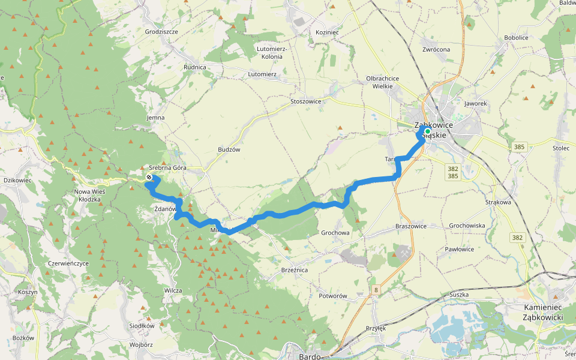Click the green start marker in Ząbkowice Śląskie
click(x=427, y=131)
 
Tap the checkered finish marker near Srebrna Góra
click(x=149, y=177)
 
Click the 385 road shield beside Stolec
click(x=520, y=146)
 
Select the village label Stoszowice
click(x=306, y=101)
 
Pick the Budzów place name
click(x=229, y=149)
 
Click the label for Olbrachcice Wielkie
click(x=383, y=82)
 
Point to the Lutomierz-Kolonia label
click(x=272, y=53)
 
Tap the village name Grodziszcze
click(x=161, y=31)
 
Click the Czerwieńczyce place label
click(x=68, y=263)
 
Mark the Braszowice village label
click(x=411, y=226)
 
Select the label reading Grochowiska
click(x=467, y=226)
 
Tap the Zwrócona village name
click(x=436, y=49)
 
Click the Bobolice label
click(x=516, y=37)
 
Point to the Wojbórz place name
click(x=141, y=345)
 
